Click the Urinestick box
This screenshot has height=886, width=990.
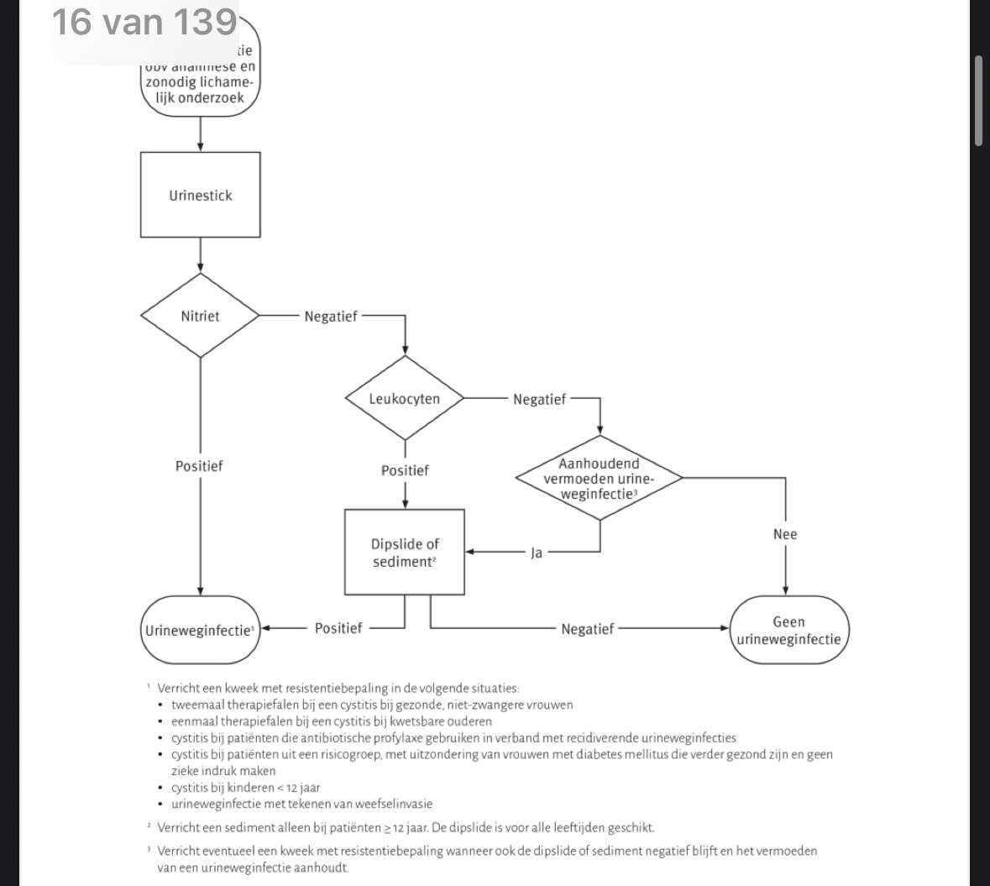200,195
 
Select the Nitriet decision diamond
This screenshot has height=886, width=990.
200,316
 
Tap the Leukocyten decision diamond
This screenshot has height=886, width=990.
405,398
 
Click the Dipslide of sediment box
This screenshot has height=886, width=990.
405,553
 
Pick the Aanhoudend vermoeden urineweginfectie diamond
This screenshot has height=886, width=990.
599,478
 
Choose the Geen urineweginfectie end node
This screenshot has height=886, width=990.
788,630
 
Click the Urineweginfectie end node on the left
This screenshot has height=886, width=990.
200,630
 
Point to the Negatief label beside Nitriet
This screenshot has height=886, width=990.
330,317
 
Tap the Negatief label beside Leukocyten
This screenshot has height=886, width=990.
539,400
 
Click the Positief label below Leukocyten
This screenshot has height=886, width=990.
405,470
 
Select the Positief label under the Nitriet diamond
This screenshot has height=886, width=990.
199,466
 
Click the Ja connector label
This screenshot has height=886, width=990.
536,553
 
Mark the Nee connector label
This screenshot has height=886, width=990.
785,534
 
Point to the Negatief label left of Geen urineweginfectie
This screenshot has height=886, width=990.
587,628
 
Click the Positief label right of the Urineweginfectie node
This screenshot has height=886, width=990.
338,628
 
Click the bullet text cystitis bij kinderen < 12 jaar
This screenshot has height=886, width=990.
245,788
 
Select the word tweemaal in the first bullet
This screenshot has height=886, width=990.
197,705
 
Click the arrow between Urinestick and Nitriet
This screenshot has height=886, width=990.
200,254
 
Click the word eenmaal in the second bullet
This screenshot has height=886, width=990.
196,721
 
